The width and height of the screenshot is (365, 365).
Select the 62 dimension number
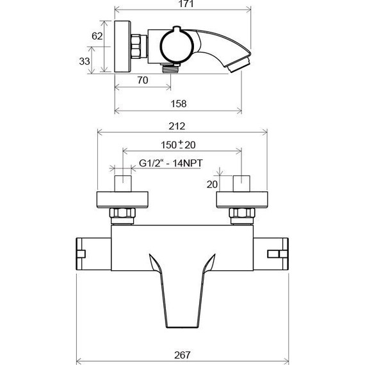pos(97,36)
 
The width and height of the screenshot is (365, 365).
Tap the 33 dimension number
pos(85,61)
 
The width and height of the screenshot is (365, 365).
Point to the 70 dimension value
pos(143,81)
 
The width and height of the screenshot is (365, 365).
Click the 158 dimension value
pos(179,103)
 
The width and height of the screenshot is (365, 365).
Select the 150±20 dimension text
pos(179,145)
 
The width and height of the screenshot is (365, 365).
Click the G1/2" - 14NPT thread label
pos(171,164)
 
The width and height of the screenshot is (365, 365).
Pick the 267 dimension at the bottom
pos(182,353)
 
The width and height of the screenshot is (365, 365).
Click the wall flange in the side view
pos(123,49)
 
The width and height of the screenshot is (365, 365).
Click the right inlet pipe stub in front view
pos(241,183)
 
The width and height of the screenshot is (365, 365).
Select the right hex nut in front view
pos(241,215)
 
